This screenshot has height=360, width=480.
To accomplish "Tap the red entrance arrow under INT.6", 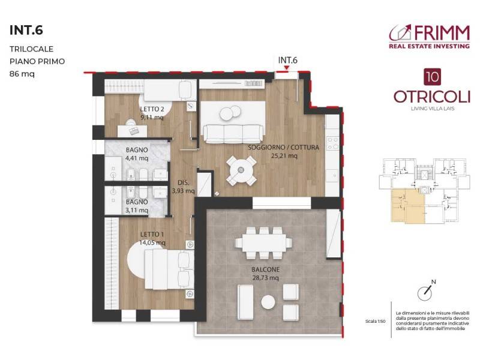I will (x=287, y=69).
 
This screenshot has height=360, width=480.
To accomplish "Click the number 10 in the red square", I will (x=430, y=76).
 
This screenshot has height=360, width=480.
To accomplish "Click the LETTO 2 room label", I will (x=152, y=109).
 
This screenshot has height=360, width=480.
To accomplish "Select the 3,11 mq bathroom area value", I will (x=137, y=211).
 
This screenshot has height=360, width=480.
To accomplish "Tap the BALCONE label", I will (x=265, y=270).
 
